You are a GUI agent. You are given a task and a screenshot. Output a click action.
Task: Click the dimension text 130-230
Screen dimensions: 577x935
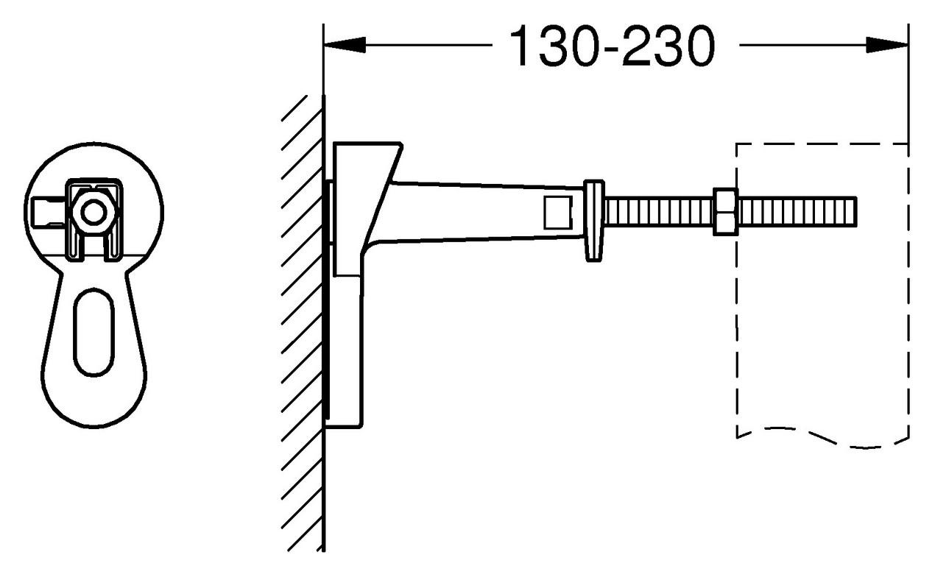pos(610,46)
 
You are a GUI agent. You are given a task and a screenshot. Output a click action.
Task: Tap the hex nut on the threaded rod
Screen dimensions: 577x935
pos(725,212)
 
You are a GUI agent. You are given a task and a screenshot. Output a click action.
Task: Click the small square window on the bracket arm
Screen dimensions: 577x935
pos(557,212)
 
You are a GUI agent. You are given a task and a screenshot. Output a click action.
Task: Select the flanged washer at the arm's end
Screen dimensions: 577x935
pos(593,219)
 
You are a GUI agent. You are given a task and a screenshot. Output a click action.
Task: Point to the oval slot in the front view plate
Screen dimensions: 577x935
pos(94,331)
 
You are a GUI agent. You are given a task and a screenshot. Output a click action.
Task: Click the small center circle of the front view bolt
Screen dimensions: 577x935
pos(93,213)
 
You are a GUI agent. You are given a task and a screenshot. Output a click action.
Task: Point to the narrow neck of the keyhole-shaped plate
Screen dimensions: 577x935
pos(93,272)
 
